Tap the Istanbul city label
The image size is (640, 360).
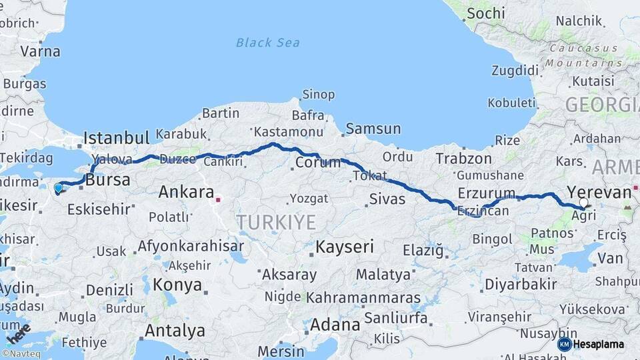click(x=116, y=139)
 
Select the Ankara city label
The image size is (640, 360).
click(x=186, y=193)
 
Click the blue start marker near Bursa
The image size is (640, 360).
click(x=58, y=188)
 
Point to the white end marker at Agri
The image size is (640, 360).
click(x=584, y=203)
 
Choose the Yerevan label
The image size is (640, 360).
click(x=598, y=193)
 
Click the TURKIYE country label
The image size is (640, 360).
click(x=276, y=222)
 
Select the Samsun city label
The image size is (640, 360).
click(x=373, y=129)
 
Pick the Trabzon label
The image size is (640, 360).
click(x=464, y=159)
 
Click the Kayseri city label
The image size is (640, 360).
click(x=345, y=247)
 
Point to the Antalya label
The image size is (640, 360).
click(x=175, y=330)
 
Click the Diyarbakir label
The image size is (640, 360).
click(x=521, y=284)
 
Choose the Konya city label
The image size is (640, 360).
click(x=177, y=285)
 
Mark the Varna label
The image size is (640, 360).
click(x=40, y=51)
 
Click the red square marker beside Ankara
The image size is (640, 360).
click(x=217, y=198)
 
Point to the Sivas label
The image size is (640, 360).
click(x=387, y=198)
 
